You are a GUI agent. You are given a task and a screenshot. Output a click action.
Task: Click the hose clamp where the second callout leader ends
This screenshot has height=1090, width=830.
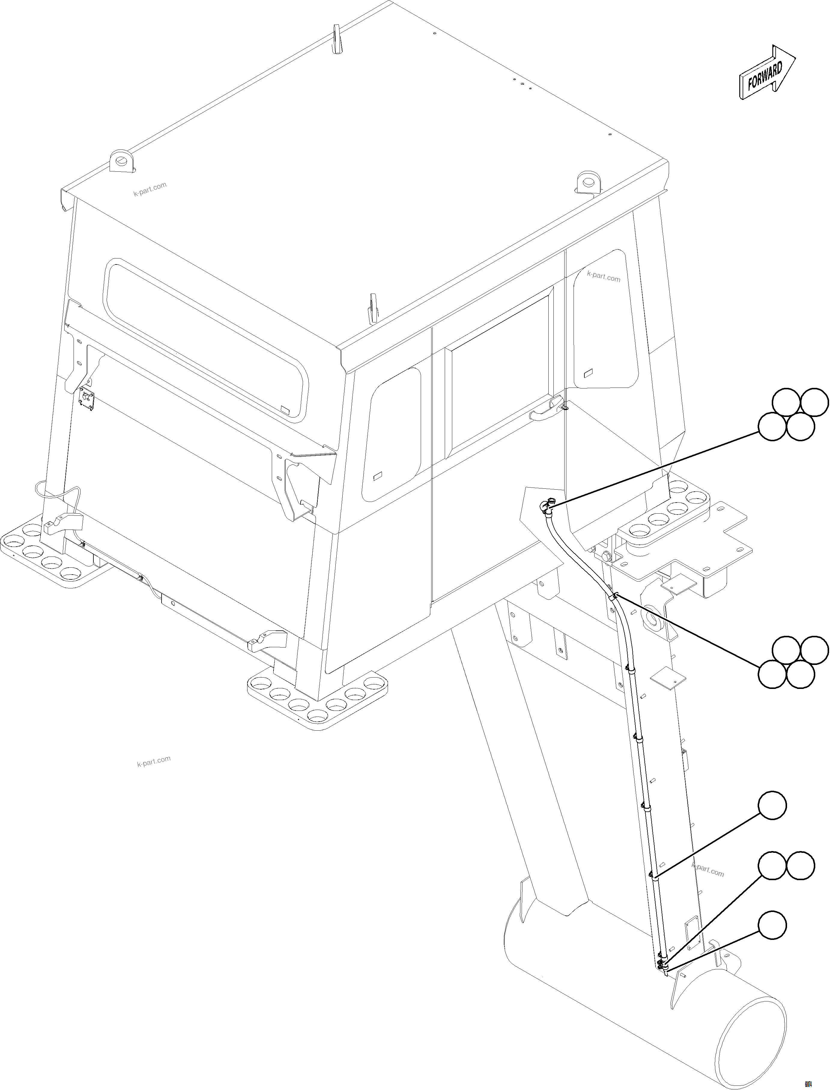(615, 596)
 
